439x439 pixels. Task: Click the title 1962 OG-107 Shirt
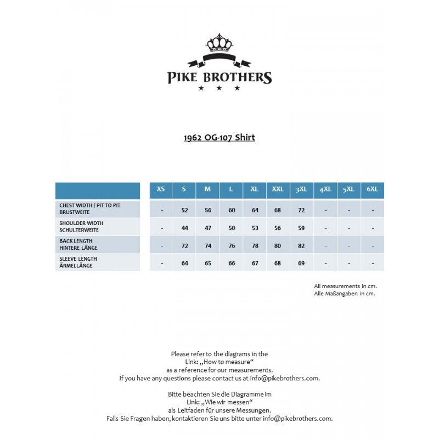point(219,138)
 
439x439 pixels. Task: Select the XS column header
point(161,189)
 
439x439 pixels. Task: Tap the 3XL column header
point(301,189)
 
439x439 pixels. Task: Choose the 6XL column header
point(372,189)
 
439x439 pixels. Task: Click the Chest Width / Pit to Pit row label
point(90,208)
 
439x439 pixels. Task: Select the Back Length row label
point(78,244)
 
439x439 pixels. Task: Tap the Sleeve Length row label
point(78,262)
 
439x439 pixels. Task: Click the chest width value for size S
point(184,210)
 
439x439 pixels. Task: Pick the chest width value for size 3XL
point(301,210)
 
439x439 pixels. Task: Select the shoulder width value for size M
point(207,228)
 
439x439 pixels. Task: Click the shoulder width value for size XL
point(255,228)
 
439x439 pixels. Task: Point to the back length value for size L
point(231,246)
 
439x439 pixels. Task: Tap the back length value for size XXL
point(278,246)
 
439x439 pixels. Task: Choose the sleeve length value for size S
point(184,263)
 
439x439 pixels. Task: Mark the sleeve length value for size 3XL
point(301,263)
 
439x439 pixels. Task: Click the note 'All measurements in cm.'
point(345,286)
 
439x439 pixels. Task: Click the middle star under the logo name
point(219,88)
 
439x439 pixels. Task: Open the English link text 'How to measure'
point(227,362)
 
